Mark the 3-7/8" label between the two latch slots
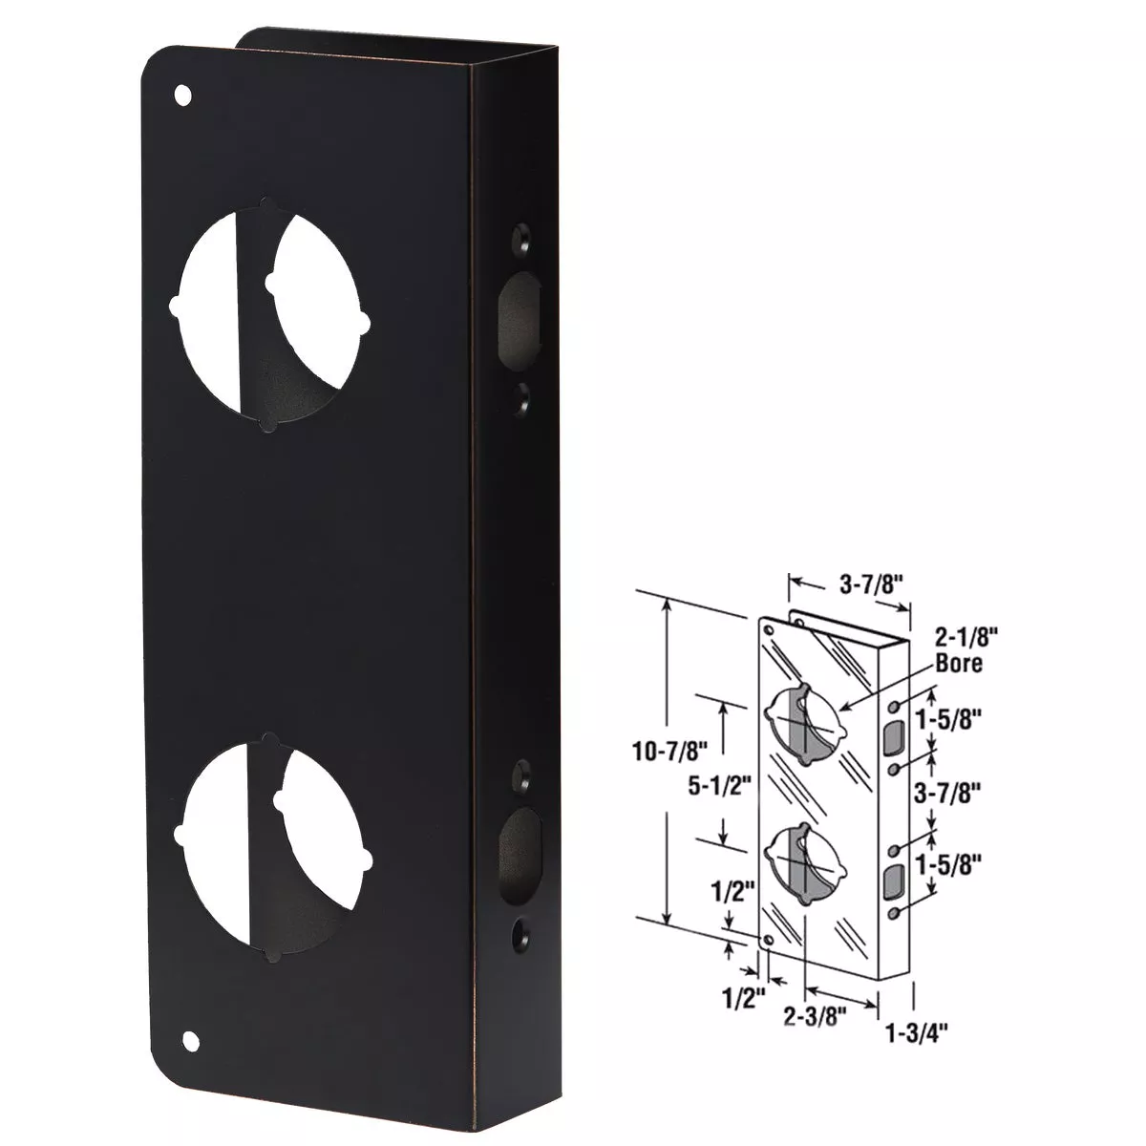pyautogui.click(x=950, y=791)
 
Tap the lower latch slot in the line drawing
pyautogui.click(x=894, y=882)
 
